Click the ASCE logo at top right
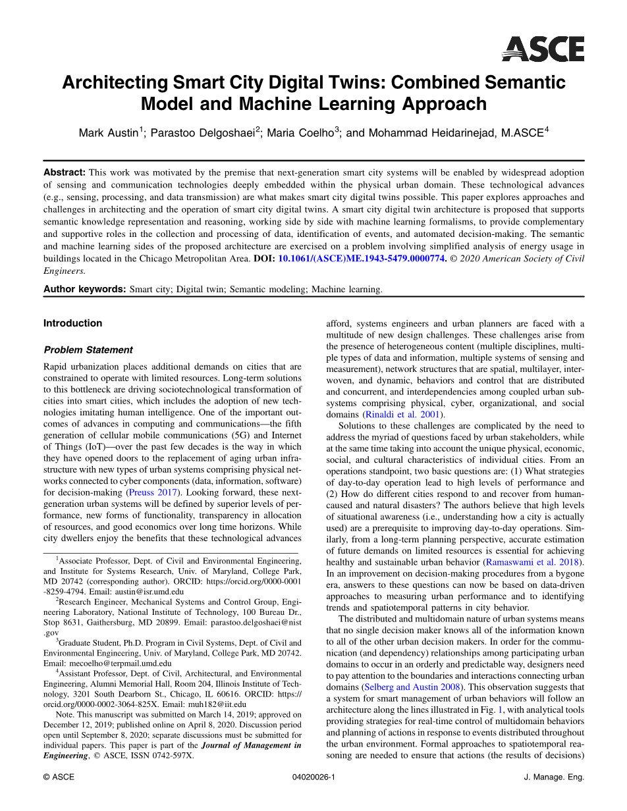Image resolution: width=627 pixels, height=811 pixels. [x=543, y=49]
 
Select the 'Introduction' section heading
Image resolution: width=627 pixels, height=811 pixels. [x=72, y=323]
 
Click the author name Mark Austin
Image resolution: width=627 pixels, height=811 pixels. [x=108, y=133]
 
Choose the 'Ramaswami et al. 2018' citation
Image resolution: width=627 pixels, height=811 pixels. [x=533, y=562]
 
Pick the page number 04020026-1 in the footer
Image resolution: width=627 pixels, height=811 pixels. [x=313, y=777]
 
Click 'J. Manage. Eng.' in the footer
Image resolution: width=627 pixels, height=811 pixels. [x=554, y=777]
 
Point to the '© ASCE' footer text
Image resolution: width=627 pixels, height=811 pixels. [x=59, y=777]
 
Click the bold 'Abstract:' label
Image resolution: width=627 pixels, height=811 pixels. [x=65, y=172]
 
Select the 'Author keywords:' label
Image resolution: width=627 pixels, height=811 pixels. [x=84, y=289]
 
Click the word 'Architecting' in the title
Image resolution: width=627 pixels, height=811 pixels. [x=115, y=83]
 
